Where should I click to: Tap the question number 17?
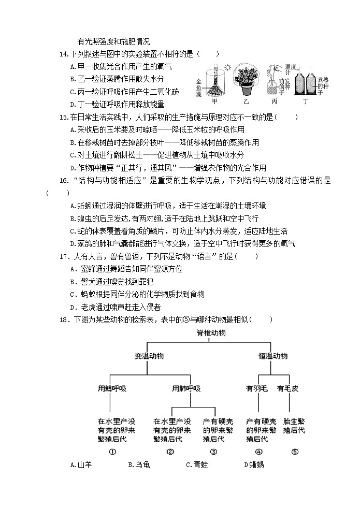click(65, 256)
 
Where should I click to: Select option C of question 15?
click(156, 155)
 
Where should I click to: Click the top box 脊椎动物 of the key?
click(211, 333)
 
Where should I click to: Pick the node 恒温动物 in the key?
click(273, 356)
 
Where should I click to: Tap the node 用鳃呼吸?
click(112, 388)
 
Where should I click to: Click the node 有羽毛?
click(256, 388)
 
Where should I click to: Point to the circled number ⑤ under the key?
click(294, 452)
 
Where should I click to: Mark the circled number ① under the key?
click(112, 452)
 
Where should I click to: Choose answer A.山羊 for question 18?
click(81, 465)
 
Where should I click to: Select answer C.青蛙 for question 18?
click(197, 465)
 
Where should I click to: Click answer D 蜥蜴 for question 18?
click(254, 465)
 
